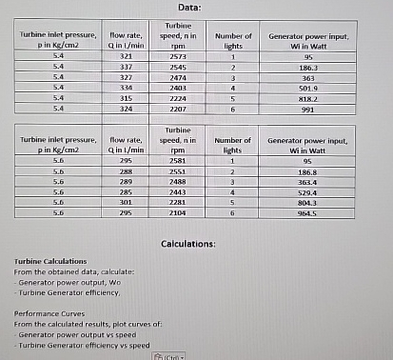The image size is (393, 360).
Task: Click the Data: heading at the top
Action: [196, 8]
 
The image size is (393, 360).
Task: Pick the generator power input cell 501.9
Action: [306, 88]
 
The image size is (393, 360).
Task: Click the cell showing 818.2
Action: [306, 98]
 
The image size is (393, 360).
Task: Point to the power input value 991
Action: [306, 109]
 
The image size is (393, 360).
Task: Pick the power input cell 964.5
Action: [306, 212]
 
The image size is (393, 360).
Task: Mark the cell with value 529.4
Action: [306, 192]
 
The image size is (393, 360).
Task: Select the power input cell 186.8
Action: [306, 172]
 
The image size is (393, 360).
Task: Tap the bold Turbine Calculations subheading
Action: [51, 261]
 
